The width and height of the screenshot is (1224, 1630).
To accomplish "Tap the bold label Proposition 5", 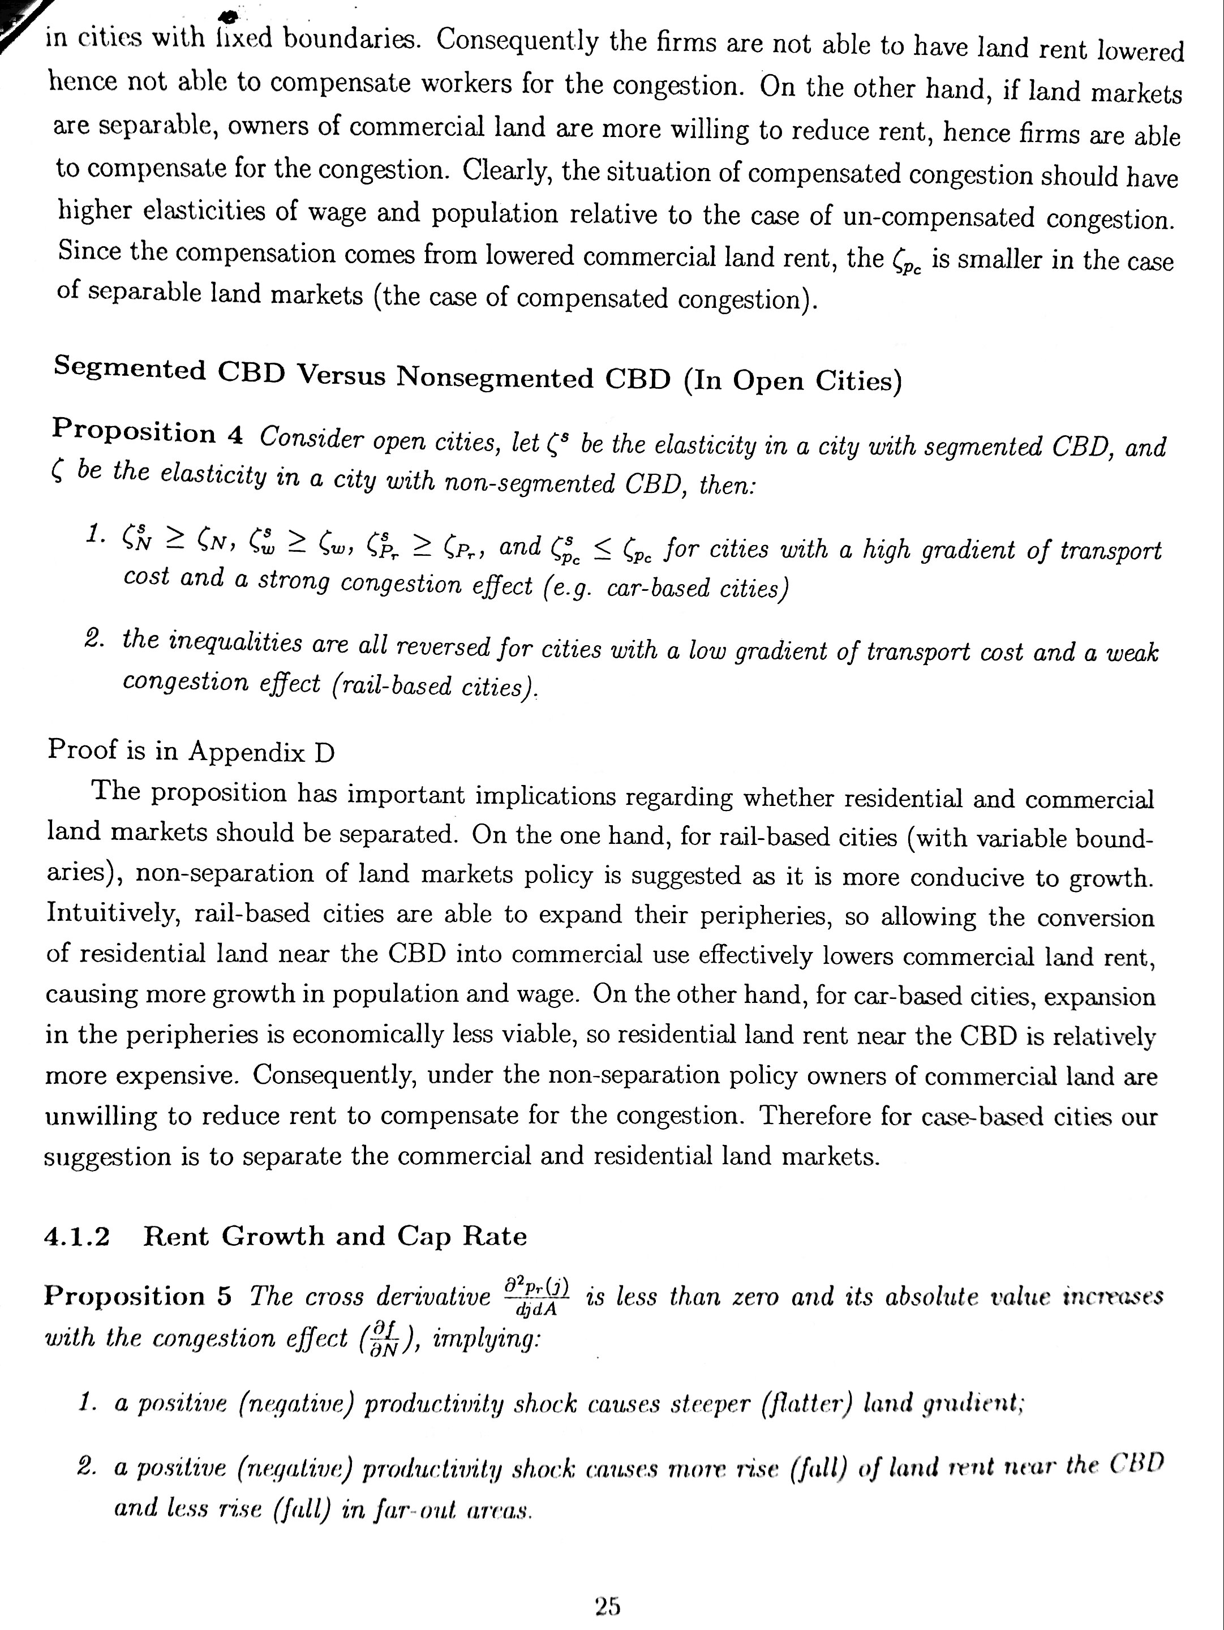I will click(x=138, y=1296).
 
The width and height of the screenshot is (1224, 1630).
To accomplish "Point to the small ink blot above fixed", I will click(x=229, y=15).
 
